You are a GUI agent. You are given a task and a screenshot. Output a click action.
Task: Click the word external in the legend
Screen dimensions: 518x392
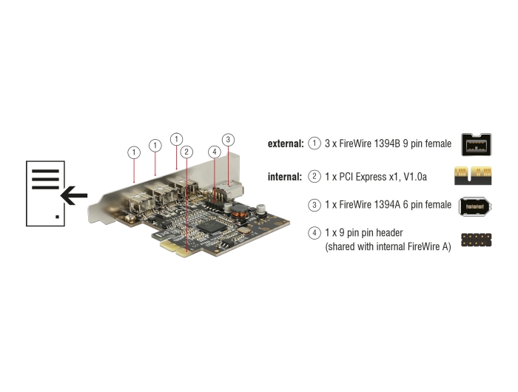[x=286, y=143]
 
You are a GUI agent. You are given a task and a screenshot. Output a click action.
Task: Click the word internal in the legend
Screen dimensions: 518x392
[x=285, y=177]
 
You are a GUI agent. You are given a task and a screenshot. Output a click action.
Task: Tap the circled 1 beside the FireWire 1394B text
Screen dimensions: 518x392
[x=314, y=143]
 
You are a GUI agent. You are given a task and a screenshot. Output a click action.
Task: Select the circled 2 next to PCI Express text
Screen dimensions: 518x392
[x=314, y=176]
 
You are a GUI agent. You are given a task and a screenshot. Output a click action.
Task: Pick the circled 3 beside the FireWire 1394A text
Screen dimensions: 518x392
[x=314, y=205]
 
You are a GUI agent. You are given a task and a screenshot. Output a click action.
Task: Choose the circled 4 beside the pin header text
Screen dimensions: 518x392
[x=314, y=233]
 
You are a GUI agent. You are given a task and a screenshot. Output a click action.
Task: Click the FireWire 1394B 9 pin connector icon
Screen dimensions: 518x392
[x=477, y=144]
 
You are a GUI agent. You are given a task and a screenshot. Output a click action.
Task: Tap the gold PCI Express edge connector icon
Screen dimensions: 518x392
[x=473, y=175]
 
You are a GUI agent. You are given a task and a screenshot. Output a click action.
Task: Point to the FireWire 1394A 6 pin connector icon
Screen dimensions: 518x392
[x=475, y=207]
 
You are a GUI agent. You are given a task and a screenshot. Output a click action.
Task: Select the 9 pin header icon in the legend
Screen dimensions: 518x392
[x=477, y=240]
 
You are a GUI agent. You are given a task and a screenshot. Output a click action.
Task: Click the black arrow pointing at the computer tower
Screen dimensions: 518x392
[x=74, y=195]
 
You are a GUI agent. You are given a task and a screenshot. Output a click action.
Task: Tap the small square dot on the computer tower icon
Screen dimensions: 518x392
[x=58, y=217]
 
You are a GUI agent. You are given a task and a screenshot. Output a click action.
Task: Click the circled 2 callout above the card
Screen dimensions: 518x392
[x=186, y=152]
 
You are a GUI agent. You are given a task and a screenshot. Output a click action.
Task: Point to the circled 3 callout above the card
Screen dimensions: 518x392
[x=228, y=140]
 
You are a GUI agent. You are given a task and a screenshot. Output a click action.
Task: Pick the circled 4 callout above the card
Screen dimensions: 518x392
[x=215, y=152]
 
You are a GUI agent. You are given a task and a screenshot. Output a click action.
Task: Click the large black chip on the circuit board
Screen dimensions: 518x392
[x=212, y=226]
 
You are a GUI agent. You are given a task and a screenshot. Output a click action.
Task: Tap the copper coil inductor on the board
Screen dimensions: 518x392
[x=240, y=211]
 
